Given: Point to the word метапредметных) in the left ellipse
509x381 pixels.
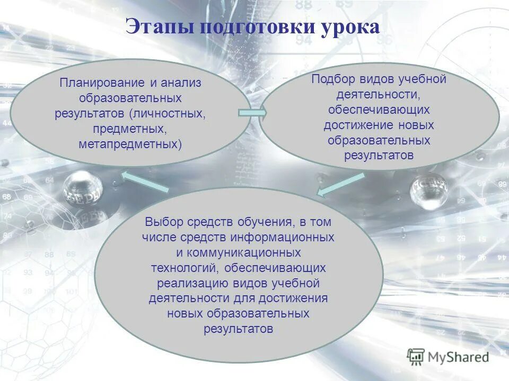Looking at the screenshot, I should (x=130, y=144).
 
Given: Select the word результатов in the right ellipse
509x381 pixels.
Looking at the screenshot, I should (x=379, y=156).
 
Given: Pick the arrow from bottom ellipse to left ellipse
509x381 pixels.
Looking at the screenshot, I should (x=145, y=182).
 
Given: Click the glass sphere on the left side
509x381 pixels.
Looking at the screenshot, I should (x=83, y=187).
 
